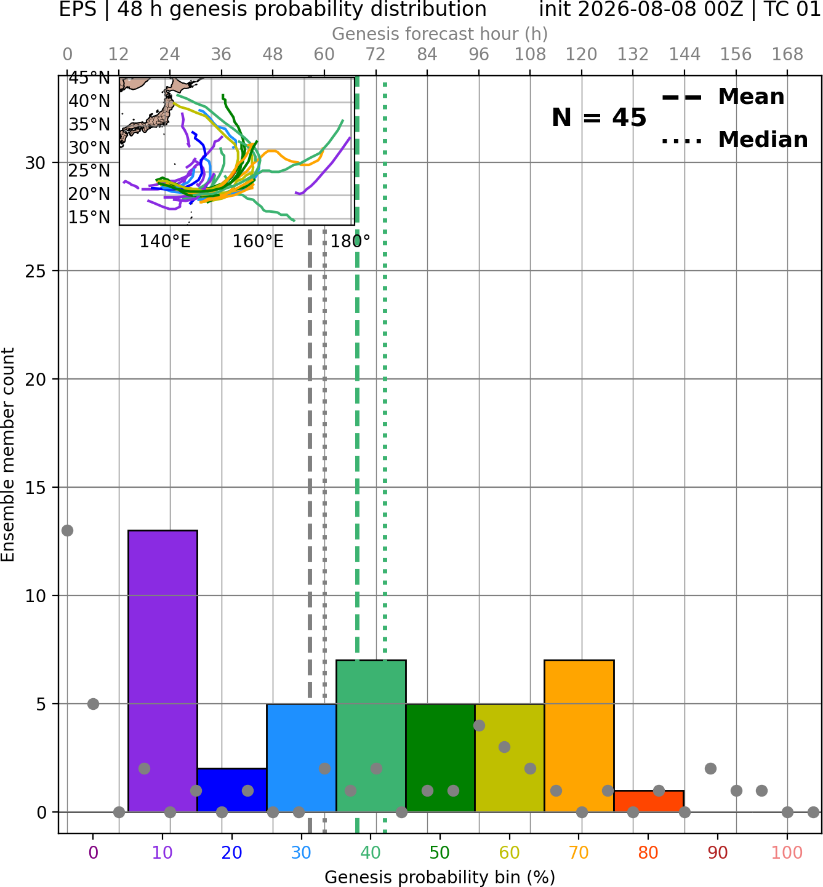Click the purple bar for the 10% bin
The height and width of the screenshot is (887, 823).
click(x=163, y=671)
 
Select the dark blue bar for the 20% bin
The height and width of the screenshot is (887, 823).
click(x=232, y=790)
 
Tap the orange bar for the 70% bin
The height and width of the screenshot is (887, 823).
click(x=579, y=736)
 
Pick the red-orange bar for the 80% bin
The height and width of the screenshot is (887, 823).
click(x=649, y=801)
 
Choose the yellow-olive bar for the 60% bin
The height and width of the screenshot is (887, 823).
click(x=510, y=757)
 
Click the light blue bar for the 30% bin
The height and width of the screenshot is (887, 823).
click(x=301, y=757)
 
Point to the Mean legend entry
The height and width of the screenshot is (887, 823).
click(x=723, y=97)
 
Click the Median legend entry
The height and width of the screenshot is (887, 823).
click(x=734, y=140)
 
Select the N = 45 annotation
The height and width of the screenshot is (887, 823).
click(x=599, y=117)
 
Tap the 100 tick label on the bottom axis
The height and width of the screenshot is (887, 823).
click(x=787, y=853)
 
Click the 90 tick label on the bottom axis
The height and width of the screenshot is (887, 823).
click(x=718, y=853)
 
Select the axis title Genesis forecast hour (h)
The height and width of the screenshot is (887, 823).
click(x=440, y=34)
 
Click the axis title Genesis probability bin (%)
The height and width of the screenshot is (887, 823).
click(x=440, y=877)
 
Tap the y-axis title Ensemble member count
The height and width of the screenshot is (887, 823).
click(x=8, y=455)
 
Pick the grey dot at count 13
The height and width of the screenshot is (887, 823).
click(x=68, y=531)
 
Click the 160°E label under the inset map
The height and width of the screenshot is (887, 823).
click(x=258, y=242)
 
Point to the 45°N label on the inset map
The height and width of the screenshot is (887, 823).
click(x=89, y=78)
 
